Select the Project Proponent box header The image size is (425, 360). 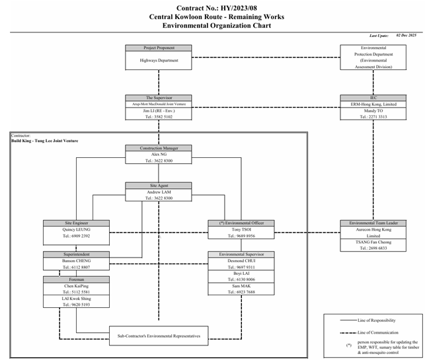tap(159, 48)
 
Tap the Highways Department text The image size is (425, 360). tap(159, 60)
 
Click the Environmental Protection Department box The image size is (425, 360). tap(373, 57)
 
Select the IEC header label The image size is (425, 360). tap(373, 97)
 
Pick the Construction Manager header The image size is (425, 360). tap(159, 148)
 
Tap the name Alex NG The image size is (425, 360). tap(159, 154)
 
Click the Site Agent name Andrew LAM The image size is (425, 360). tap(159, 192)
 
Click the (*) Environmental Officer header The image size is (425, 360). tap(241, 223)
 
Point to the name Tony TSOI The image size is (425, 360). tap(241, 229)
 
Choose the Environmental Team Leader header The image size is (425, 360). tap(373, 223)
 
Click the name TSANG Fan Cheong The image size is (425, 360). tap(373, 242)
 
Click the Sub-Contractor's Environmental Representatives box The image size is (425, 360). tap(159, 336)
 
